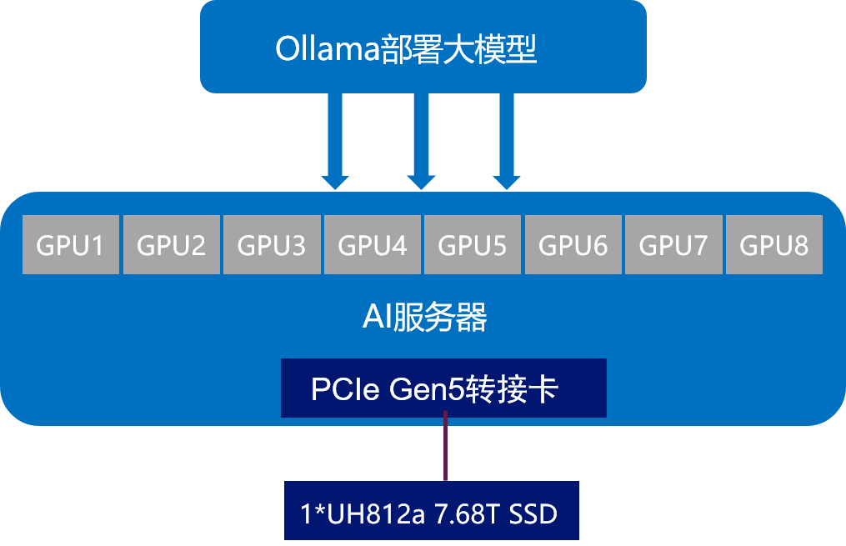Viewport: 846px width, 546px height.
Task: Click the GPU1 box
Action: (70, 244)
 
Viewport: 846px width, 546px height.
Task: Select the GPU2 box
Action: (171, 244)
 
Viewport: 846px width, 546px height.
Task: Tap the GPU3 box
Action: (272, 244)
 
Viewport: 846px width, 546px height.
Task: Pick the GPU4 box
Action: (372, 244)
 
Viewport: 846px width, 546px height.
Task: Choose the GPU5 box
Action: (473, 244)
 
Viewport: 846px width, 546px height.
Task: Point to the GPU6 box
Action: (573, 244)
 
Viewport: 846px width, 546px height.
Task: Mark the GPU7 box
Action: (673, 244)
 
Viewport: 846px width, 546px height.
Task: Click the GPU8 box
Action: (773, 244)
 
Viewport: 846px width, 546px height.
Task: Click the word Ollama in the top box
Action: (327, 49)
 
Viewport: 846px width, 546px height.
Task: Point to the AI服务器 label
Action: (424, 318)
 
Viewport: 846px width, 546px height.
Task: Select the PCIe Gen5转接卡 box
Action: (443, 388)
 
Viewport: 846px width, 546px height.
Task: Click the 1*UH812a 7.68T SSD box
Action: (431, 511)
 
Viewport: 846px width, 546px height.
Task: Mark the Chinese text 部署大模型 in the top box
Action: (458, 49)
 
